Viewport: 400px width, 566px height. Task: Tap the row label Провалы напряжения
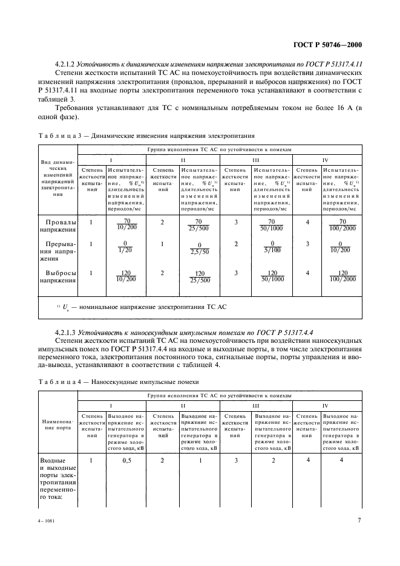click(x=59, y=226)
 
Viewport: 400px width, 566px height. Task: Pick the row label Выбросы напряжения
click(x=59, y=276)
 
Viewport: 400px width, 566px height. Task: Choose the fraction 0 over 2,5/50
click(x=198, y=249)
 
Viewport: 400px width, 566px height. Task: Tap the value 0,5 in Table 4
click(x=126, y=461)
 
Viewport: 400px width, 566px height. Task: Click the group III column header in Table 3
click(x=256, y=160)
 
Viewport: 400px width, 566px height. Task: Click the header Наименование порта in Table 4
click(x=59, y=423)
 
